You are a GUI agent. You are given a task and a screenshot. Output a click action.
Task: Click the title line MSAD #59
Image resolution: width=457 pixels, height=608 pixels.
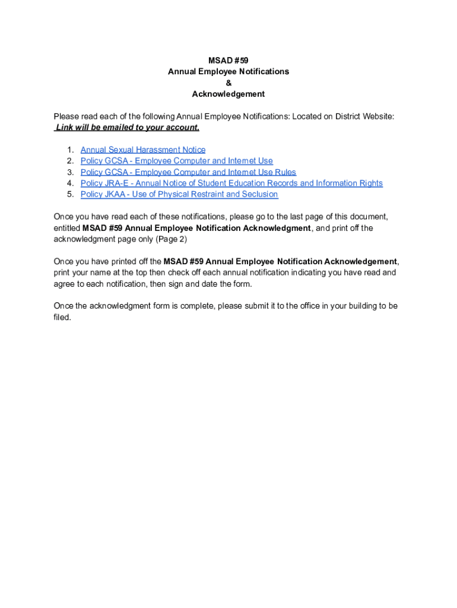tap(228, 61)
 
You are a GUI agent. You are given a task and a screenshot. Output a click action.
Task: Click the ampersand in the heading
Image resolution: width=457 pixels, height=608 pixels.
tap(228, 83)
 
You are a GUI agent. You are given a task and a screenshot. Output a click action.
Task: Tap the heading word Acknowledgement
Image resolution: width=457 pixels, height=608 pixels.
tap(228, 94)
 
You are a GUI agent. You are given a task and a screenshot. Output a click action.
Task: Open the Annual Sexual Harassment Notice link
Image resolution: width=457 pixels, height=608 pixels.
tap(143, 150)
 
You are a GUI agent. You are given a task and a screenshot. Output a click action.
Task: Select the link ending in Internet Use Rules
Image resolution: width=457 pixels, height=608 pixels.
tap(188, 172)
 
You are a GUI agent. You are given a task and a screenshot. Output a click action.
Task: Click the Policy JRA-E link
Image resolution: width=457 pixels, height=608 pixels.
tap(231, 183)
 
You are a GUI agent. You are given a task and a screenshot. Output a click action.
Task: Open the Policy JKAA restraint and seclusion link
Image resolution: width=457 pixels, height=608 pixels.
tap(179, 194)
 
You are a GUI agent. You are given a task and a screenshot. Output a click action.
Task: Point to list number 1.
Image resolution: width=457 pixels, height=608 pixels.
tap(70, 150)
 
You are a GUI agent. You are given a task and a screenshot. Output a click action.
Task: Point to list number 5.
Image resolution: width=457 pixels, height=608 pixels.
tap(70, 194)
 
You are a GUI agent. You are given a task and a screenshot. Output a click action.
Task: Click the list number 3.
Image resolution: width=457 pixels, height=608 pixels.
tap(70, 172)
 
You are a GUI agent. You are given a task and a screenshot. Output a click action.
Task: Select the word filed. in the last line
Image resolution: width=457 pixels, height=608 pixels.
tap(62, 317)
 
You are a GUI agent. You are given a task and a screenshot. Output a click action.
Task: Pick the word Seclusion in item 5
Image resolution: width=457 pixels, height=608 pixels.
tap(258, 194)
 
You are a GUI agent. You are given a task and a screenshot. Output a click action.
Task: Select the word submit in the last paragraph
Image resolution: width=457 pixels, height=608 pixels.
tap(274, 306)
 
